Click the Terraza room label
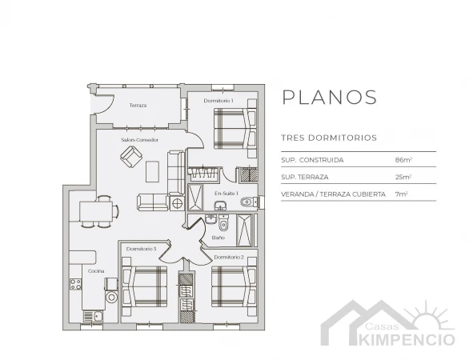[x=138, y=106]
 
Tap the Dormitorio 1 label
[x=218, y=101]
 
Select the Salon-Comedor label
[x=140, y=140]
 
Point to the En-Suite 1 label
[x=226, y=194]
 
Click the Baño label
[x=218, y=238]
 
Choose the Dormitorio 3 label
[x=141, y=249]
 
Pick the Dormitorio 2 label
[x=229, y=257]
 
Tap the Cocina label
[x=96, y=271]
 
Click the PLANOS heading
[x=329, y=97]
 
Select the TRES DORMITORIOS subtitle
[x=329, y=138]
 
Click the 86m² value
[x=404, y=160]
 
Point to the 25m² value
[x=403, y=177]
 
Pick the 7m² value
[x=402, y=194]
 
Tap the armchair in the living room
[x=131, y=157]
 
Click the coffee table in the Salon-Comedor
[x=152, y=172]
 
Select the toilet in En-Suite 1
[x=248, y=202]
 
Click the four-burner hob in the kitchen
[x=76, y=284]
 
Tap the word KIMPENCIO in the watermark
[x=407, y=340]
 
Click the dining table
[x=96, y=211]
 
